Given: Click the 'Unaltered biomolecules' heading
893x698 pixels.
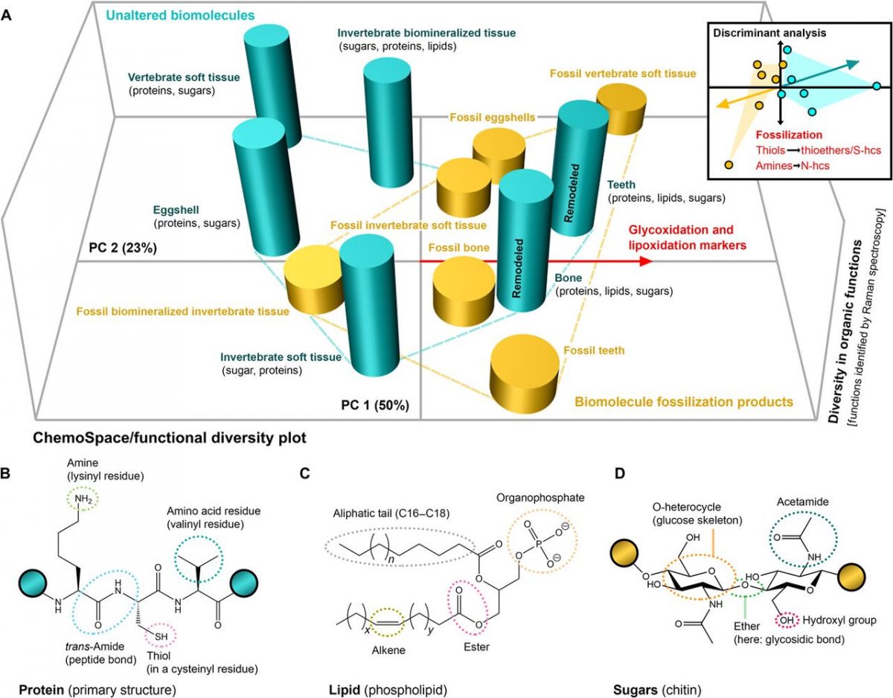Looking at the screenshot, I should pyautogui.click(x=170, y=14).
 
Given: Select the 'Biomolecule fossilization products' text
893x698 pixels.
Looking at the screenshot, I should pyautogui.click(x=683, y=403).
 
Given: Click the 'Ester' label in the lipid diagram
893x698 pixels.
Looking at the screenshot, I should pyautogui.click(x=476, y=647).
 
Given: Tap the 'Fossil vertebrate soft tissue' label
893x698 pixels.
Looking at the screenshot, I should pyautogui.click(x=623, y=74).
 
